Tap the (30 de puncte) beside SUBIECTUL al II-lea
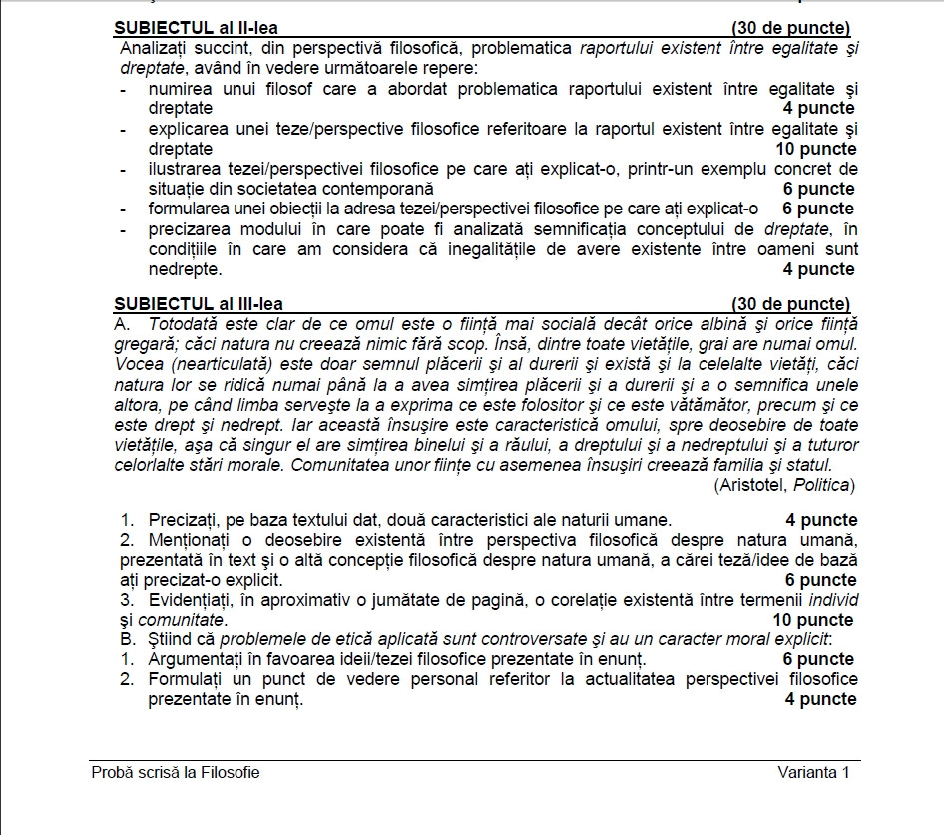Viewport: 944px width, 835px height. [x=790, y=27]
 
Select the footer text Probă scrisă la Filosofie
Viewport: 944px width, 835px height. [x=176, y=772]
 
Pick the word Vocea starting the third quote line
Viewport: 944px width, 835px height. [x=139, y=364]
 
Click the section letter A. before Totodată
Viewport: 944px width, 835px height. [x=124, y=324]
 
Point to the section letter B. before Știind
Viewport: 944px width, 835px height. [x=125, y=639]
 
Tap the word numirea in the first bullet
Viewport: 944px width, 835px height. [x=180, y=89]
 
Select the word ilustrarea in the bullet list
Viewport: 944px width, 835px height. [x=184, y=169]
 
